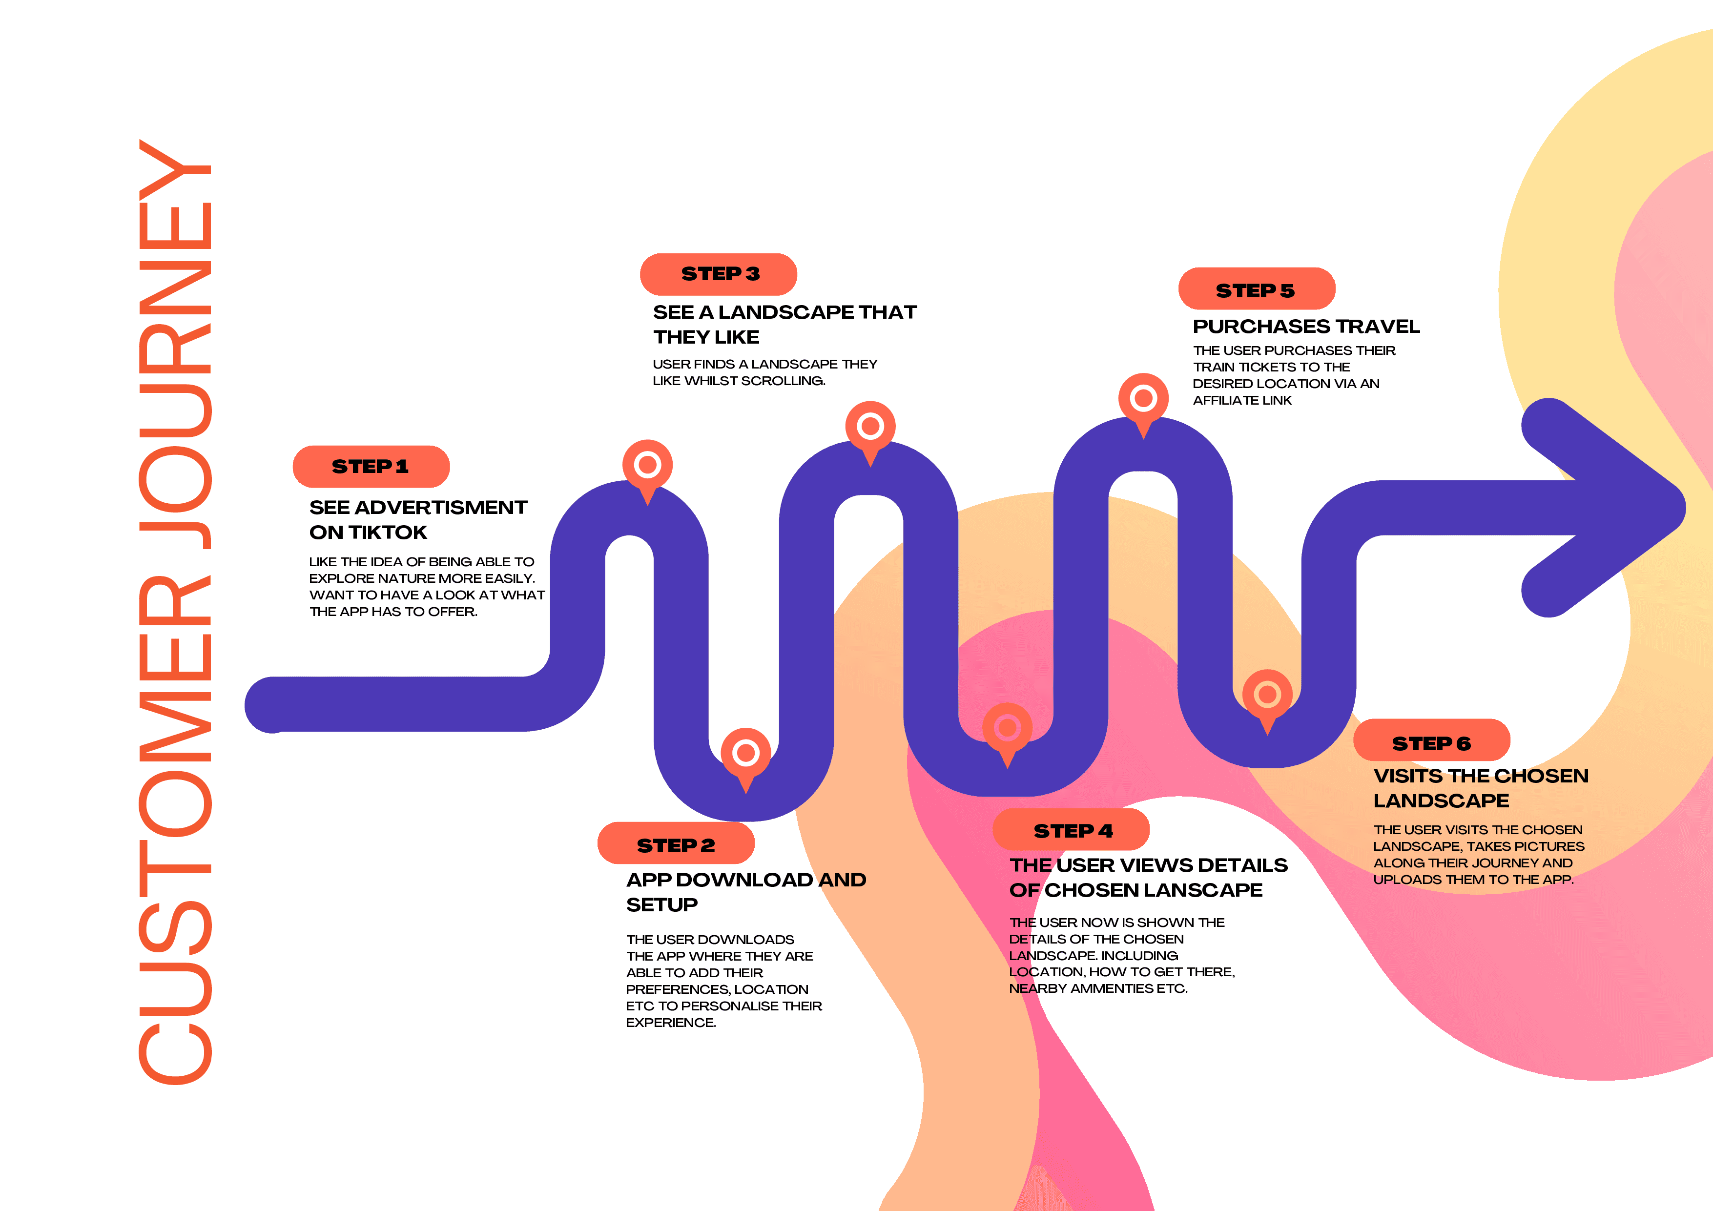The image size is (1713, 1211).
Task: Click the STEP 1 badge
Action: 371,466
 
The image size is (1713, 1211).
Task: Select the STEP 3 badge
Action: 719,274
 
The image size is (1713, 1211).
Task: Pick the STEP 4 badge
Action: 1072,830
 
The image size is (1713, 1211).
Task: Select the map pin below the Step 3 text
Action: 870,428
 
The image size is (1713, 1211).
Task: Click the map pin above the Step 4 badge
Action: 1007,729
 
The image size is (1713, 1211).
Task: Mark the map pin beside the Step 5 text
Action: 1143,400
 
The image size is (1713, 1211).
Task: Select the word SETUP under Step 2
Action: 662,905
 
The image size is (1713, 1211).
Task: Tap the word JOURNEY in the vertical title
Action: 176,343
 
